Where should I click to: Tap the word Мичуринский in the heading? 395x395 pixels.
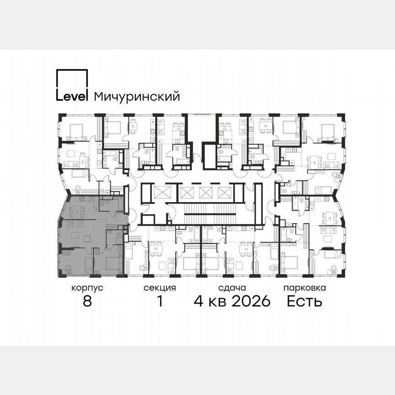click(x=136, y=97)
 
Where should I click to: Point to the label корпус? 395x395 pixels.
click(x=87, y=288)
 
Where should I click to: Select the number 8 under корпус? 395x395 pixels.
click(x=87, y=301)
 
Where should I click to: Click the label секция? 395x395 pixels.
click(x=160, y=288)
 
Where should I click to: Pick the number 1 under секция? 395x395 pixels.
click(x=160, y=301)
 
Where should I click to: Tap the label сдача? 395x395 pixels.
click(x=232, y=288)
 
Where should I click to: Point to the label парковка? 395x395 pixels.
click(x=304, y=288)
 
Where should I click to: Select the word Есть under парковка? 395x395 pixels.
click(x=304, y=301)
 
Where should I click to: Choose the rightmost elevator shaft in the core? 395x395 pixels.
click(x=223, y=192)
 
